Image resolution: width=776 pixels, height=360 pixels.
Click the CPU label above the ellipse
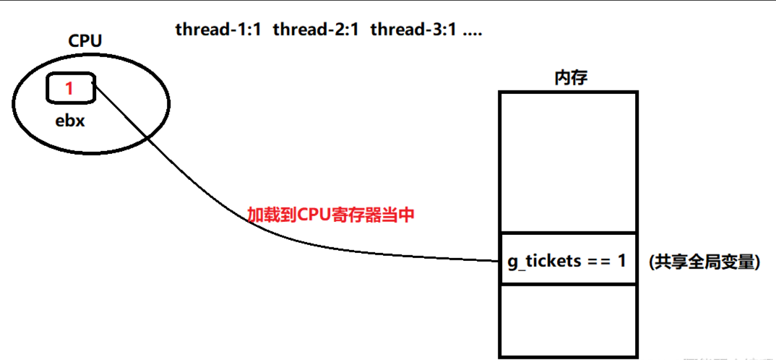85,40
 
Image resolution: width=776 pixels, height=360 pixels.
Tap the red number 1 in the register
69,89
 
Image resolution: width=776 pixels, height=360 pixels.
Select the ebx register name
70,121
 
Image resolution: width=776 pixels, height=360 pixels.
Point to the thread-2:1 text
316,30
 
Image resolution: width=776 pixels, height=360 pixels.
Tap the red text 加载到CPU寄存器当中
331,215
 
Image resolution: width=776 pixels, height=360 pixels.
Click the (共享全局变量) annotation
704,262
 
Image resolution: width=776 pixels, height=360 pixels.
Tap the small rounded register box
70,88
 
